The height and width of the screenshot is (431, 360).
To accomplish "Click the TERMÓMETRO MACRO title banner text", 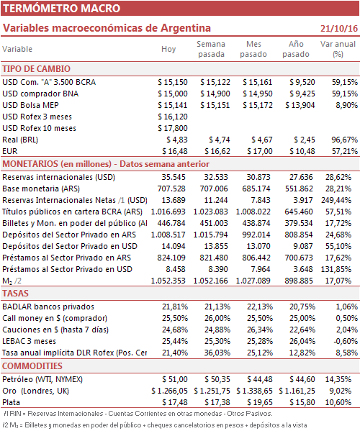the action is pos(62,8).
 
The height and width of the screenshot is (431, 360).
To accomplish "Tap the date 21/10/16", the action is pos(339,28).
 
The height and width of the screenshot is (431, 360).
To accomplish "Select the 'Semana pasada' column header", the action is pos(211,49).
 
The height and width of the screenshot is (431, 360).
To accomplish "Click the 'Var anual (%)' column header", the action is pos(338,49).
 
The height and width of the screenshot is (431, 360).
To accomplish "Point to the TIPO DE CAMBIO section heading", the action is pos(36,69).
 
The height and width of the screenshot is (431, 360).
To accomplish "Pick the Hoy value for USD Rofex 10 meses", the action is pos(173,128).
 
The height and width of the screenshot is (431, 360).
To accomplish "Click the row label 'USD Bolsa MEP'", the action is pos(30,105).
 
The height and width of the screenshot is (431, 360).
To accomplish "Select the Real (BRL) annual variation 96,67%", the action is pos(345,140).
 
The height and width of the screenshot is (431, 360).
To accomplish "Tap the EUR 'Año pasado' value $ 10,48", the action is pos(302,151).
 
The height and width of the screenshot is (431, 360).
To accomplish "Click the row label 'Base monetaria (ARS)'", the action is pos(41,189).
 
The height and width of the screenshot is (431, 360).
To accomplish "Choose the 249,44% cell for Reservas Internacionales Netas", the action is pos(336,200).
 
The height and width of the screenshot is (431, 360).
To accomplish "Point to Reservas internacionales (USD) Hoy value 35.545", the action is pos(174,177).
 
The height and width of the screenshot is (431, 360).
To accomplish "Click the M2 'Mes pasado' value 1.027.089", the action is pos(253,281).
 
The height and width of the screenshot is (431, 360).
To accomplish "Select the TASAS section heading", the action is pos(15,294).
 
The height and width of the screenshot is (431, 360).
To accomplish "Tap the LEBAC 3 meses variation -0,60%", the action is pos(346,341).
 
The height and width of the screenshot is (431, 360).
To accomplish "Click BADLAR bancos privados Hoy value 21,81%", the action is pos(175,307).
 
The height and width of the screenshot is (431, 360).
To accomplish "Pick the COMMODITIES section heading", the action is pos(32,366).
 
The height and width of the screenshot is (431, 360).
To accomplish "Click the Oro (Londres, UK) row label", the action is pos(35,391).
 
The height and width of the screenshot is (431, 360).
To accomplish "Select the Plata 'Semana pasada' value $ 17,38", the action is pos(217,402).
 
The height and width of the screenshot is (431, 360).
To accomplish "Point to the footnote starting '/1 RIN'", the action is pos(138,414).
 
